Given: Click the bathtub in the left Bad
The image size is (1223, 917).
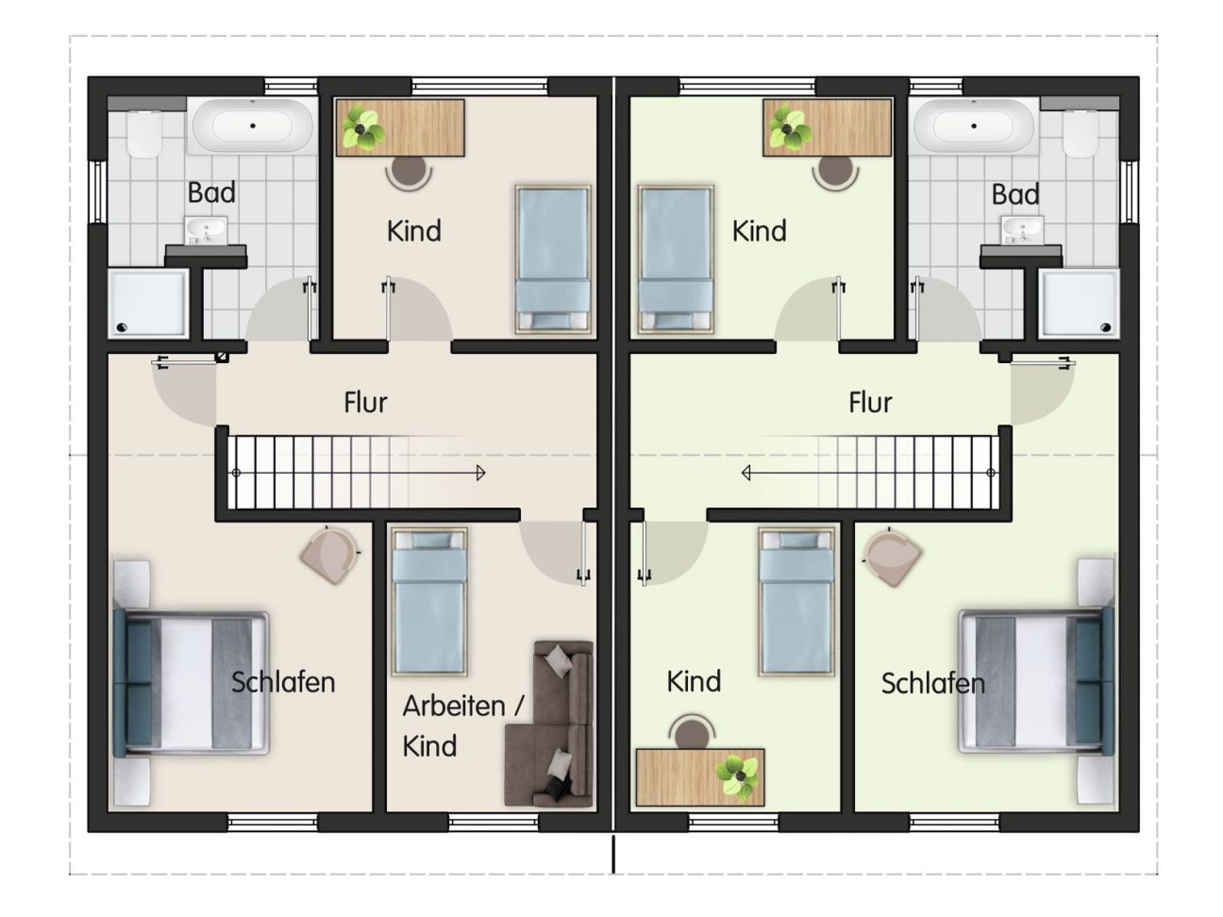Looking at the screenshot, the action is click(252, 126).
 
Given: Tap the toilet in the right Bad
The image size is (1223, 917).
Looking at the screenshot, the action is click(1080, 134).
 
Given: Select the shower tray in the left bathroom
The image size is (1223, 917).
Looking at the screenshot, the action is click(148, 304).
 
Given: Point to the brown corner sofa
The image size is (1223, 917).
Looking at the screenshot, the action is click(549, 724).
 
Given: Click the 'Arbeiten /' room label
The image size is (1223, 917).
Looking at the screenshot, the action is click(463, 707).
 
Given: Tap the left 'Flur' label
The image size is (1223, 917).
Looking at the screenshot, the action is click(365, 403).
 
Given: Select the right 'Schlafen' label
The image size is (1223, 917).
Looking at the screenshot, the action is click(932, 684).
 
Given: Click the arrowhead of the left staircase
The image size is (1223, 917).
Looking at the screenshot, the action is click(481, 474).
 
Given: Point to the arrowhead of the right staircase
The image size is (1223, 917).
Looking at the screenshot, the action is click(746, 474).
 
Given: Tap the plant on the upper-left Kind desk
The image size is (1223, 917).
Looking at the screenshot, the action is click(362, 130).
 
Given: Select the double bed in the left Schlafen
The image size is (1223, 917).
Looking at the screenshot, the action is click(192, 683).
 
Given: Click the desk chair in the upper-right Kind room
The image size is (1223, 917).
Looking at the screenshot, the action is click(835, 174).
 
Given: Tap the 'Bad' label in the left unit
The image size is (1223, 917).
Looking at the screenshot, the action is click(211, 192).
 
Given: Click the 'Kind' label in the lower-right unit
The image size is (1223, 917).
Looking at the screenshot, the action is click(694, 681).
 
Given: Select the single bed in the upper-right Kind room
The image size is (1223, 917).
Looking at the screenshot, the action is click(676, 260).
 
